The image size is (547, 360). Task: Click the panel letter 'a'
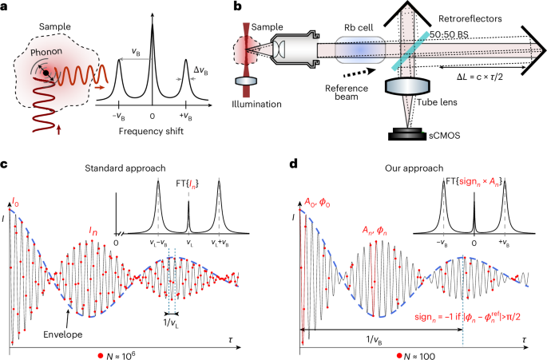[6, 7]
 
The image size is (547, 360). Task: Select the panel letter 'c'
[5, 165]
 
